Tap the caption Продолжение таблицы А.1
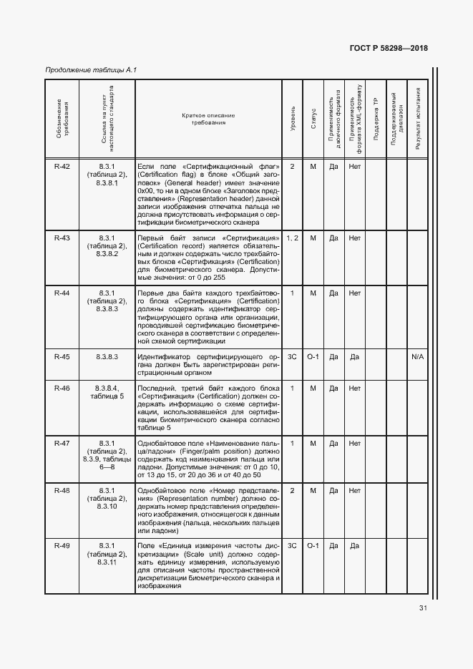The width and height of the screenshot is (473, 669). (91, 70)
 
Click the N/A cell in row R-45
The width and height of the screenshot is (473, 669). (417, 356)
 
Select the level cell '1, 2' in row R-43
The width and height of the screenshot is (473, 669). (293, 238)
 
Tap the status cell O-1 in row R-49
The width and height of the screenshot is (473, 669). (313, 546)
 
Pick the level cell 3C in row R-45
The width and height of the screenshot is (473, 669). (293, 356)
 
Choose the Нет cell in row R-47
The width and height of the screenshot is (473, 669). (354, 444)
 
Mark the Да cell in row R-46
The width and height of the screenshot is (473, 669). (333, 388)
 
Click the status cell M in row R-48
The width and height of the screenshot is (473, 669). (313, 491)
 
